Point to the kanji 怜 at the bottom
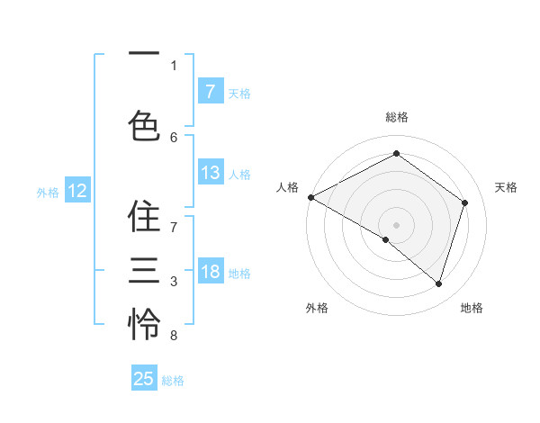(x=144, y=322)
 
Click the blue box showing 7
(x=211, y=91)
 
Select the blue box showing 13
(x=211, y=173)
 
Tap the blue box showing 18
(x=211, y=272)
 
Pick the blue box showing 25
(x=144, y=379)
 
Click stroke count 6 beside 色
(x=174, y=138)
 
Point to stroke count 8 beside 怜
(x=174, y=336)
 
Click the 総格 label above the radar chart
(x=397, y=118)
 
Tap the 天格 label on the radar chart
(x=507, y=187)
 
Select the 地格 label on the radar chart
(x=472, y=309)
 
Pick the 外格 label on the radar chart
(x=317, y=309)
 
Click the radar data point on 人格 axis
(x=310, y=197)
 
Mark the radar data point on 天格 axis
(x=465, y=202)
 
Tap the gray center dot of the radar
(x=397, y=224)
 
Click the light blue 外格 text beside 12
(x=48, y=192)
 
